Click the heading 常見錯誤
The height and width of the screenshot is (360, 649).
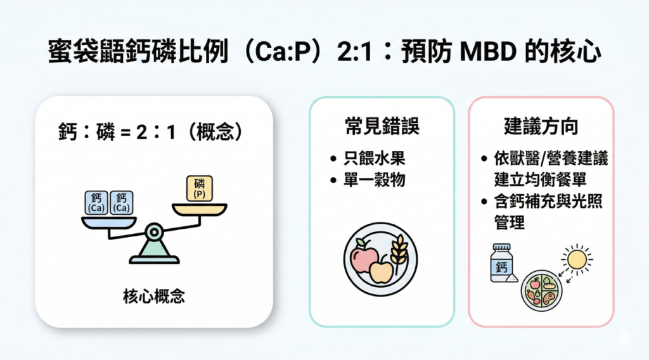(382, 125)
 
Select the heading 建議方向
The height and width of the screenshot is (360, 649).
(541, 125)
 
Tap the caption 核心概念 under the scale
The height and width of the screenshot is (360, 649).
(154, 296)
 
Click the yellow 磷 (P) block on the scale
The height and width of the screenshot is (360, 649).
(200, 189)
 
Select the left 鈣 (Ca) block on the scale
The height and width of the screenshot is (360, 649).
(96, 203)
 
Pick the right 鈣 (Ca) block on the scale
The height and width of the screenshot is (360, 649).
(121, 203)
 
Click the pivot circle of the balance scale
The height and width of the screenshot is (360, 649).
(155, 232)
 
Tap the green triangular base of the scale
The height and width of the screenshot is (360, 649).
(155, 252)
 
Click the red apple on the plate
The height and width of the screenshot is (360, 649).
(363, 255)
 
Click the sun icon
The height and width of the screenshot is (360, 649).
(577, 260)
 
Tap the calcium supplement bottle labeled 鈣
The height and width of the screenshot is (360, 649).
(502, 263)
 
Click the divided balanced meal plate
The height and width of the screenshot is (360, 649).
(541, 290)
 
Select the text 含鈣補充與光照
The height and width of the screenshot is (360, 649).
(548, 202)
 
